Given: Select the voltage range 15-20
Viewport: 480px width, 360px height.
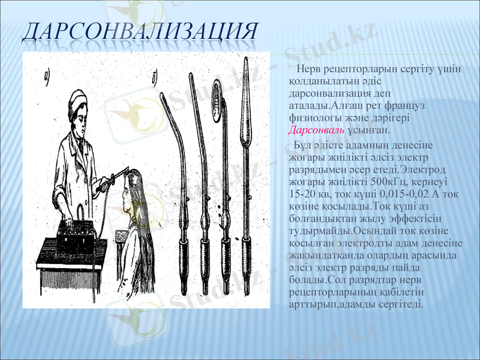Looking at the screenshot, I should [x=302, y=194].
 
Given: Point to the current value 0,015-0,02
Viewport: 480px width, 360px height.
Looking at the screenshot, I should [x=394, y=194].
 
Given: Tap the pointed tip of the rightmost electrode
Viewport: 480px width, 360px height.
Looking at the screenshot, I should [x=245, y=61].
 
